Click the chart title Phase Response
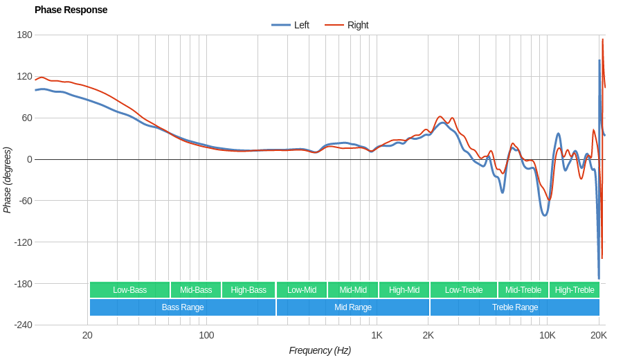pos(71,10)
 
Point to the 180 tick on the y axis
pos(24,35)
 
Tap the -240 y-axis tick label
pos(23,325)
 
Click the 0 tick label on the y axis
pos(29,159)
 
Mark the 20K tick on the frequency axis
pos(599,335)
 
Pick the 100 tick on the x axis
pos(206,335)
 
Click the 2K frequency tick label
pos(428,335)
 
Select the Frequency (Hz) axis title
pos(320,350)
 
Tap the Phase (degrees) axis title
pos(8,180)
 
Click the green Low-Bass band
pos(129,290)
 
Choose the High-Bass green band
pos(249,290)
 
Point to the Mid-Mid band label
pos(353,290)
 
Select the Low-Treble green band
pos(464,290)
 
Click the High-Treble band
pos(575,290)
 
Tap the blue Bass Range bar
pos(183,307)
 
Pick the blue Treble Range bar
pos(515,307)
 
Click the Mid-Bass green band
pos(196,290)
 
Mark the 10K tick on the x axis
pos(547,335)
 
